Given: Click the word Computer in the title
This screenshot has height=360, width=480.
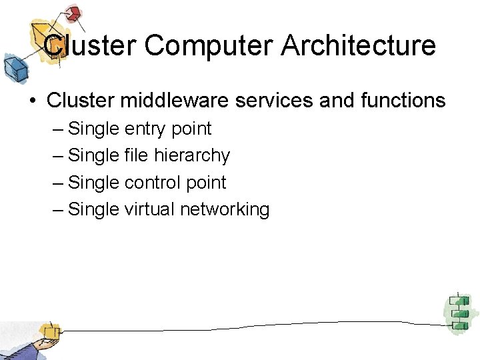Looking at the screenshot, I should tap(209, 46).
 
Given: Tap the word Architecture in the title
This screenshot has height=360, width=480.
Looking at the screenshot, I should tap(359, 46).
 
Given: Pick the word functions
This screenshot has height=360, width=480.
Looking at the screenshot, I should tap(401, 100).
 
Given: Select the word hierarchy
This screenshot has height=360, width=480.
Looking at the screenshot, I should tap(192, 156).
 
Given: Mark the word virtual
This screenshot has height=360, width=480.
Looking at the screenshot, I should tap(149, 209).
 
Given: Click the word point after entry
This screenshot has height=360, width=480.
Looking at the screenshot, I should tap(191, 129).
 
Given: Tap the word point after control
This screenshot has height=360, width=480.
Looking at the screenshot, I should tap(207, 183).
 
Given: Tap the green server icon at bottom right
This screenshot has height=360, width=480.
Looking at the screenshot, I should tap(457, 311).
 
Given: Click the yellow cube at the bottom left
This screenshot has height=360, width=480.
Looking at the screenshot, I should tap(48, 331).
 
